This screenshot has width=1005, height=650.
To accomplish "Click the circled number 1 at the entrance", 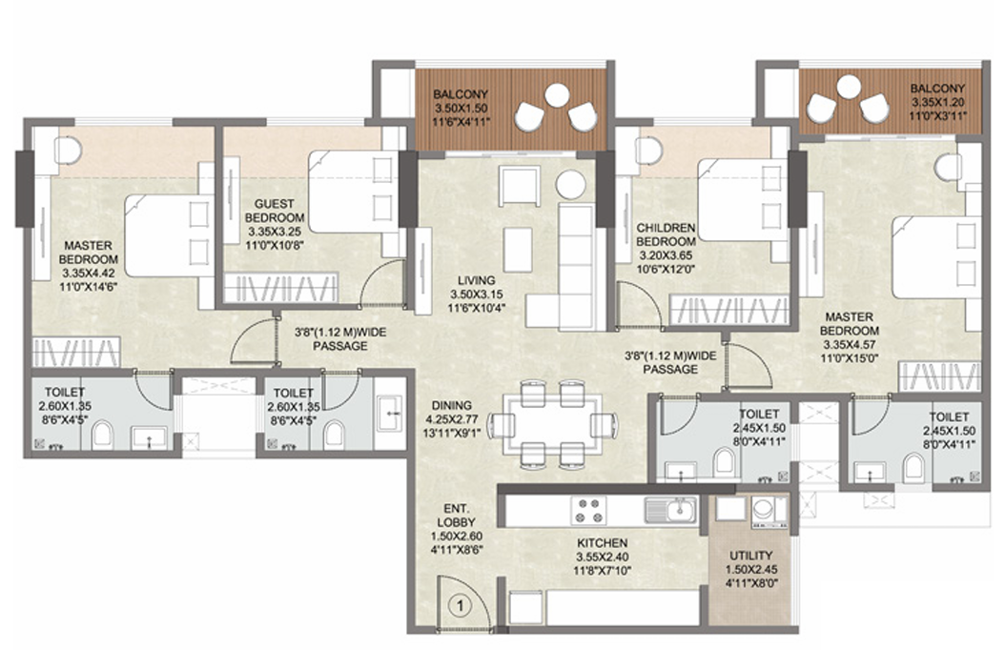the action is (460, 604).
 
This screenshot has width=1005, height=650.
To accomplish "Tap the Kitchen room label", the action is (602, 542).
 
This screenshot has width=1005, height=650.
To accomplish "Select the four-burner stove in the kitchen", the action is (588, 511).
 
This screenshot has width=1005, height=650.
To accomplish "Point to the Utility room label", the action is (750, 556).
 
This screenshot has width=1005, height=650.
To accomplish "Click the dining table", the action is (553, 424).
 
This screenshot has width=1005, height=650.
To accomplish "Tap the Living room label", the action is (476, 280).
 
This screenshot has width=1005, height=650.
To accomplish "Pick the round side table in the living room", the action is (570, 185).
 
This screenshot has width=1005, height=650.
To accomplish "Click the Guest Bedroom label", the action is (275, 211).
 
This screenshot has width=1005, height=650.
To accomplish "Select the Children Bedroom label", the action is (666, 234).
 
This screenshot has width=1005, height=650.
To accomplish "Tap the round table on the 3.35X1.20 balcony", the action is (849, 87).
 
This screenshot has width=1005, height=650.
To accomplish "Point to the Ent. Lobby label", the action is (456, 516).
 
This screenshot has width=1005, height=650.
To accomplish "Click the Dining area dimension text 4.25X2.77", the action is (452, 419).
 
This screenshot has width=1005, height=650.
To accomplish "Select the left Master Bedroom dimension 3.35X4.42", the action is (89, 274).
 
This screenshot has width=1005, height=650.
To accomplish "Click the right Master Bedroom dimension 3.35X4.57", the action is (850, 344).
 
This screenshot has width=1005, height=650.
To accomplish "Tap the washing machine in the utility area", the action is (764, 511).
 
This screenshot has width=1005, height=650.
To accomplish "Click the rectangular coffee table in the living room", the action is (517, 250).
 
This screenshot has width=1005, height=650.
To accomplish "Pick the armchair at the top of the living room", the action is (519, 186).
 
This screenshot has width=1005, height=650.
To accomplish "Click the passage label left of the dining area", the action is (340, 339).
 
